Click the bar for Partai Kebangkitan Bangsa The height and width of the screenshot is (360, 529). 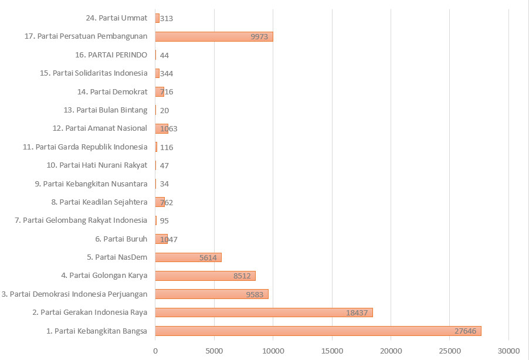tap(318, 331)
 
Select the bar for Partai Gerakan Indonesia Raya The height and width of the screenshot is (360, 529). tap(264, 313)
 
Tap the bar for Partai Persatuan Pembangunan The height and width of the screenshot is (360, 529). tap(214, 36)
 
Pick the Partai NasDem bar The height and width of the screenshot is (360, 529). tap(188, 257)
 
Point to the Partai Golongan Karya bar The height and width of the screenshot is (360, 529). tap(205, 276)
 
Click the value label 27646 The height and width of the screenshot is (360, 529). tap(466, 331)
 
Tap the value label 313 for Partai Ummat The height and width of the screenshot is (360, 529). tap(167, 18)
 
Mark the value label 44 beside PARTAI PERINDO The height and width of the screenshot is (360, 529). tap(165, 55)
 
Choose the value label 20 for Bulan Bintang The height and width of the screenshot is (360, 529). tap(165, 110)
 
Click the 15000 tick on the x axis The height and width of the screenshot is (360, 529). tap(332, 351)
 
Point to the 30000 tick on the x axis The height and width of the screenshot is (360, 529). tap(508, 351)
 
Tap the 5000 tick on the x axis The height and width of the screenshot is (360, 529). tap(214, 351)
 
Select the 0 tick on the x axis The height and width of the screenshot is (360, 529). tap(155, 351)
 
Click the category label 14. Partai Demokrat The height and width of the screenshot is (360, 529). tap(112, 91)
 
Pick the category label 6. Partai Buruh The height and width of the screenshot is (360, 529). tap(121, 239)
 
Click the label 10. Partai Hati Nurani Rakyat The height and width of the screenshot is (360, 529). tap(97, 165)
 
